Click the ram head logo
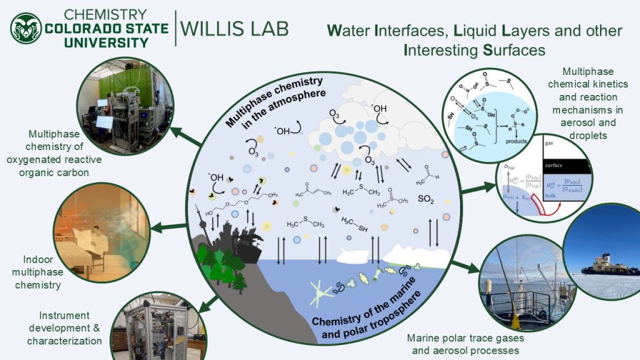pyautogui.click(x=26, y=28)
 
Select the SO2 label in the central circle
pyautogui.click(x=426, y=201)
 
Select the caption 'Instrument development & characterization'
pyautogui.click(x=64, y=328)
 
